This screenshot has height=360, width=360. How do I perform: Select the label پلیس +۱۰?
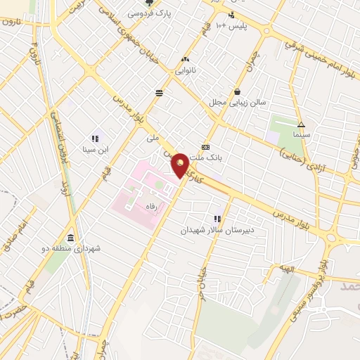[x=231, y=25]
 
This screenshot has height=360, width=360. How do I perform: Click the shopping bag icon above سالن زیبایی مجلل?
[x=237, y=91]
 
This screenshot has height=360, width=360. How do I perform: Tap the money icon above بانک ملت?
[x=205, y=147]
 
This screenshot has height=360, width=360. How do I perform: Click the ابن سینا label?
[x=94, y=149]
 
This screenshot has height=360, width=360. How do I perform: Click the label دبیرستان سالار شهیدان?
[x=217, y=230]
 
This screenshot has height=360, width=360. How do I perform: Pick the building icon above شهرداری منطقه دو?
[x=70, y=238]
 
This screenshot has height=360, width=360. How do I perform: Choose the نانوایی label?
[x=186, y=70]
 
